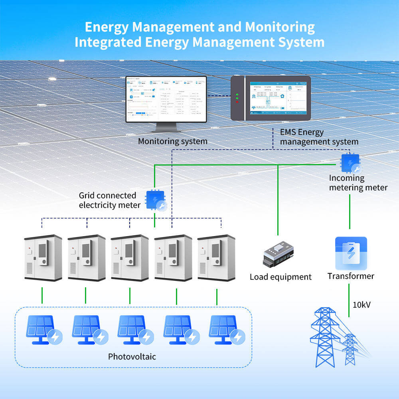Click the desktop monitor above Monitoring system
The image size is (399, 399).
pos(166,100)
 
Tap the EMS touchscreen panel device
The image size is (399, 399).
pos(271,98)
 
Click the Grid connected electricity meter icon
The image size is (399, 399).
pos(155,200)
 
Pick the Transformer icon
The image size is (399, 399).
pos(350,253)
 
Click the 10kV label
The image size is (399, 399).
pos(361,305)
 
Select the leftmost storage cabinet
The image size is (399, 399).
pos(43,257)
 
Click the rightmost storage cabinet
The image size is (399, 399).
pos(216,257)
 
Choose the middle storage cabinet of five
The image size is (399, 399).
pos(129,257)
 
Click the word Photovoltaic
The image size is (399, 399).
pos(132,356)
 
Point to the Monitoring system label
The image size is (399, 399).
pos(172,141)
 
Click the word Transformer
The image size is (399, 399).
pos(351,276)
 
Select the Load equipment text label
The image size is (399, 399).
pos(280,277)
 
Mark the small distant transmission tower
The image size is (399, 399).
pos(350,349)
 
